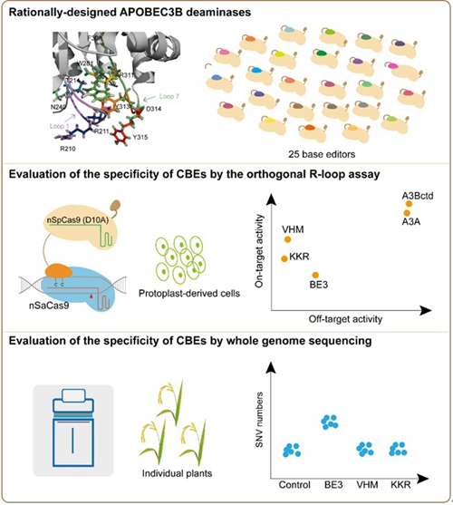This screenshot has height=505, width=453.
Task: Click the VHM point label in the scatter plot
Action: tap(292, 228)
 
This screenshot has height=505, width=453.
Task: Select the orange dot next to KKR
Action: tap(284, 258)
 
